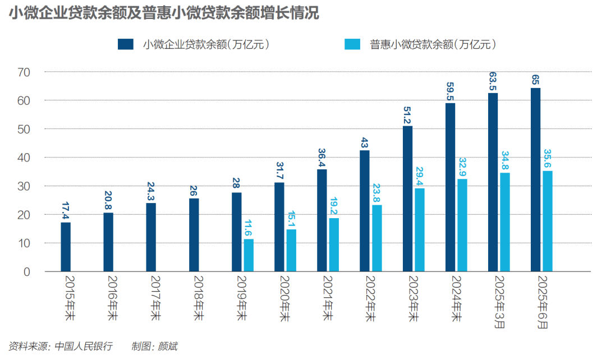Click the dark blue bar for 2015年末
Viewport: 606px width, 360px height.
66,247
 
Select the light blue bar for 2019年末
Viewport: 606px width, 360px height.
248,255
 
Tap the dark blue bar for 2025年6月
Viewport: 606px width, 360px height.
535,179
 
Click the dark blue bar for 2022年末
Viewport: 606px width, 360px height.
365,211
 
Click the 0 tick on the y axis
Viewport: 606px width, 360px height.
26,272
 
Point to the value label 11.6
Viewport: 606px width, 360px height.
247,229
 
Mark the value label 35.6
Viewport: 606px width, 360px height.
548,159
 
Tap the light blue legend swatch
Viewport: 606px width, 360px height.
352,44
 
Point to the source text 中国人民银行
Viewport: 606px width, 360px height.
84,346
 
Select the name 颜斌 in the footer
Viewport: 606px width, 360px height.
168,346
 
